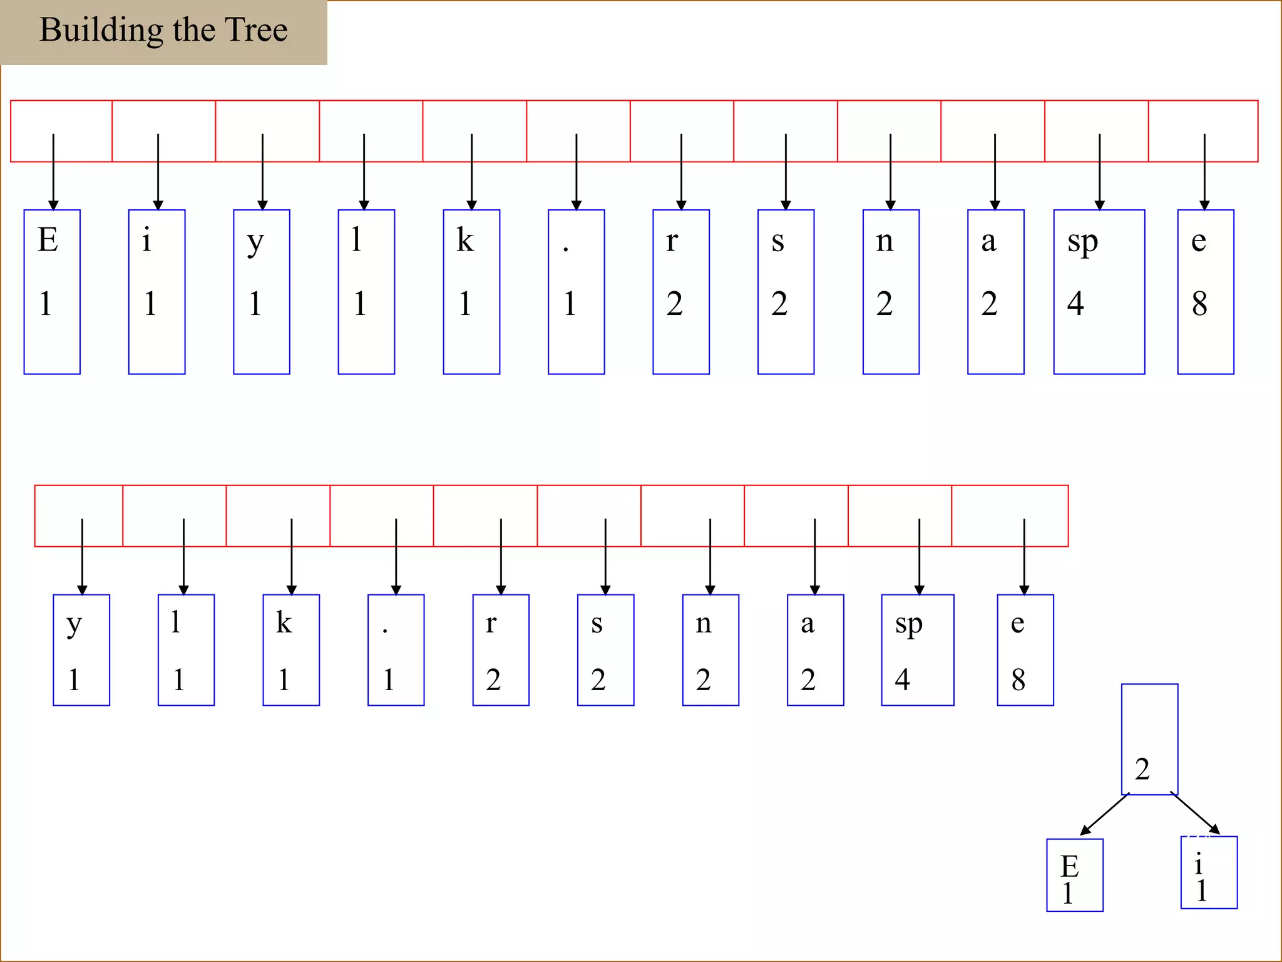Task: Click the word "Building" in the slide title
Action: [101, 30]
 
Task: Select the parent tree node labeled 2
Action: [1149, 739]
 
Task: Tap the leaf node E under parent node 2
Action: [1074, 875]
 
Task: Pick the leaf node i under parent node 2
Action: [1208, 872]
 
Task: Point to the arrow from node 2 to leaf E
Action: [1104, 814]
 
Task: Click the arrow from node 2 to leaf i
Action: [1195, 813]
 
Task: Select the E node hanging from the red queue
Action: [52, 292]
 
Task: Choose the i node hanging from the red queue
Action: [156, 292]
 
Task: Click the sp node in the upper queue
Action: [1099, 292]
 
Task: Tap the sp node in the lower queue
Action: [917, 650]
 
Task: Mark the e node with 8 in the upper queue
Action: [1205, 292]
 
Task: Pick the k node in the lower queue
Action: [291, 650]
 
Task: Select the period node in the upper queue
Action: [576, 292]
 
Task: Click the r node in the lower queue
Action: [501, 650]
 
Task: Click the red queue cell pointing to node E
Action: [61, 131]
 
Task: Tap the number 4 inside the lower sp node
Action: [902, 680]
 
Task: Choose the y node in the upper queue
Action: [262, 292]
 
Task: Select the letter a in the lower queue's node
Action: [808, 624]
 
